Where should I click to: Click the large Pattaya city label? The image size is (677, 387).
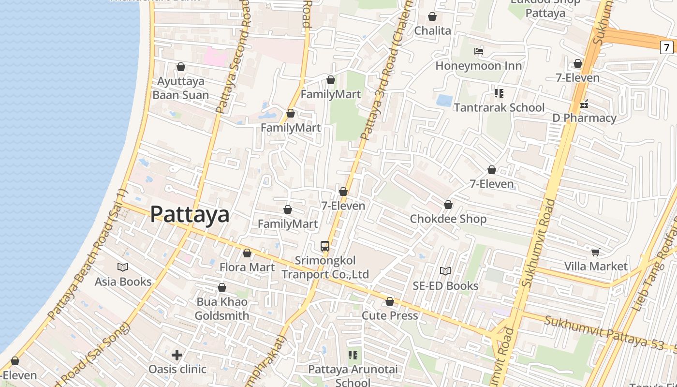click(x=190, y=214)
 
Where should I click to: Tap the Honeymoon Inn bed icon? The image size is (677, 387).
click(x=479, y=51)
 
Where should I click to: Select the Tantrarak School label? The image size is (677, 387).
click(x=499, y=107)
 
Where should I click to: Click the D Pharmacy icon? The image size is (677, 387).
click(x=585, y=104)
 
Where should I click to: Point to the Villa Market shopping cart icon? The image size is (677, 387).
click(x=596, y=252)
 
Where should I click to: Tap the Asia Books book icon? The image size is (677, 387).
click(x=123, y=267)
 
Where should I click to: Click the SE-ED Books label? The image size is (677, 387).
click(x=445, y=286)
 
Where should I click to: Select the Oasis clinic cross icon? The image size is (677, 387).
click(x=177, y=355)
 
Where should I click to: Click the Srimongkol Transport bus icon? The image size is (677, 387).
click(x=325, y=246)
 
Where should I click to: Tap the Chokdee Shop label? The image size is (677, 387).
click(x=448, y=219)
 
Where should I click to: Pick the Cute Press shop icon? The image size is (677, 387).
click(x=390, y=302)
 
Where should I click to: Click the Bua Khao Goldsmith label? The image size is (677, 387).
click(x=222, y=309)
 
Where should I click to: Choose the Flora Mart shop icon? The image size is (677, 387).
click(x=247, y=253)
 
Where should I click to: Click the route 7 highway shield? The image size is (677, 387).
click(x=667, y=47)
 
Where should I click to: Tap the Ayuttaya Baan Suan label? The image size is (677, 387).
click(x=181, y=88)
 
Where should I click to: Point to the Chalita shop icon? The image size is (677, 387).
click(x=432, y=17)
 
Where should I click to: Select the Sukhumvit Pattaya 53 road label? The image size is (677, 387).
click(x=609, y=333)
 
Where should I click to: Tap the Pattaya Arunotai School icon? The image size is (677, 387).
click(x=353, y=355)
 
